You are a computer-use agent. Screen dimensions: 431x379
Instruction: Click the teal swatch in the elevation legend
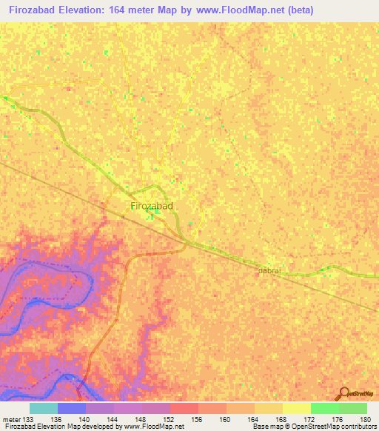44,408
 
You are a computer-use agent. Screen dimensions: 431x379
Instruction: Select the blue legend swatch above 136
72,408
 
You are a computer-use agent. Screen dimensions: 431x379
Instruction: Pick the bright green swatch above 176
325,408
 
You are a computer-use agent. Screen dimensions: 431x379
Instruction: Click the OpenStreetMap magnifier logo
342,392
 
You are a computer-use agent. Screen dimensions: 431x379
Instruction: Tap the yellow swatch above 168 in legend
269,408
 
